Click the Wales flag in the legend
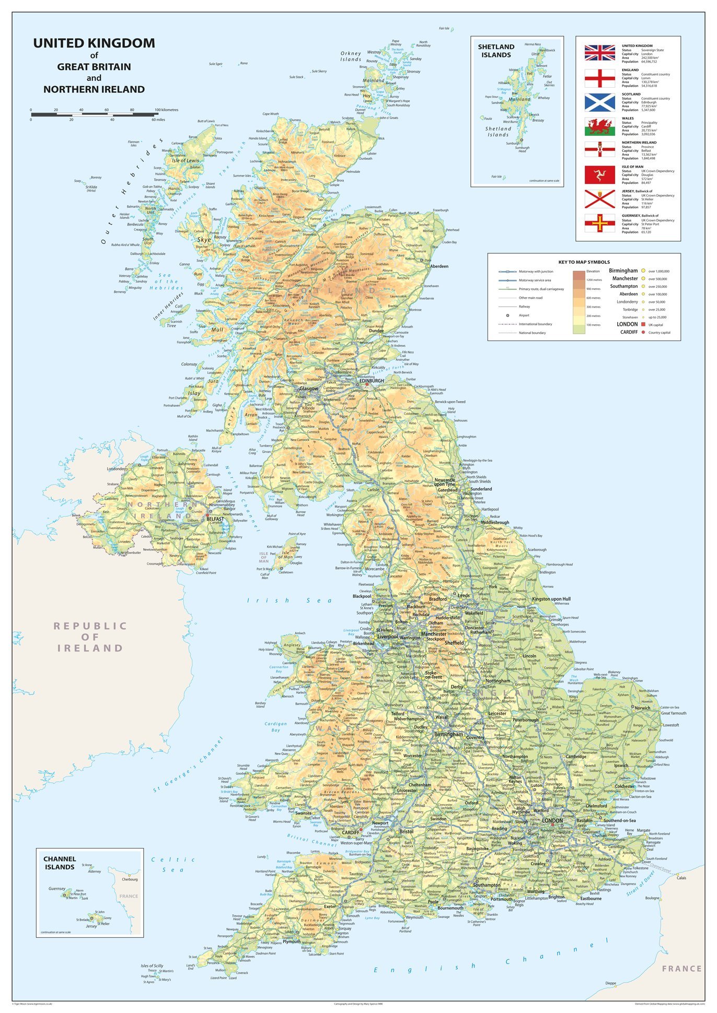click(599, 127)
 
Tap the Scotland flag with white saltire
click(599, 102)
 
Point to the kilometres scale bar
click(94, 113)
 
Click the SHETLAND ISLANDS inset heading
click(496, 51)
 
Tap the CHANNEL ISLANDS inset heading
click(60, 863)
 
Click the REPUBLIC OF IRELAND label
click(90, 637)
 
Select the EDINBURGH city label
click(372, 381)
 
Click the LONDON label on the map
click(552, 820)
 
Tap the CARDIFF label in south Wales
click(351, 832)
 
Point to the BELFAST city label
click(215, 519)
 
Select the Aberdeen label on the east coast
click(439, 266)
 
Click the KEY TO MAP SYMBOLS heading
click(584, 262)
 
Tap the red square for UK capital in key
click(643, 324)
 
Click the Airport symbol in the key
click(507, 315)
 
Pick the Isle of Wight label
click(478, 911)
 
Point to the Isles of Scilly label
click(152, 966)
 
